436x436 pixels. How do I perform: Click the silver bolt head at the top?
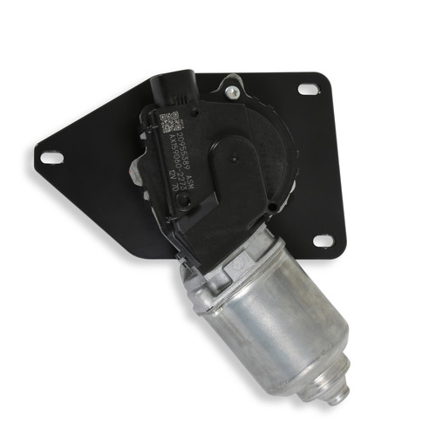(231, 89)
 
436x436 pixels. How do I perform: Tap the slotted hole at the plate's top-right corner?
(308, 89)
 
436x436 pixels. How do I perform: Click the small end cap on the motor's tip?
(335, 391)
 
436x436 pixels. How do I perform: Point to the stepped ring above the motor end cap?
(323, 371)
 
